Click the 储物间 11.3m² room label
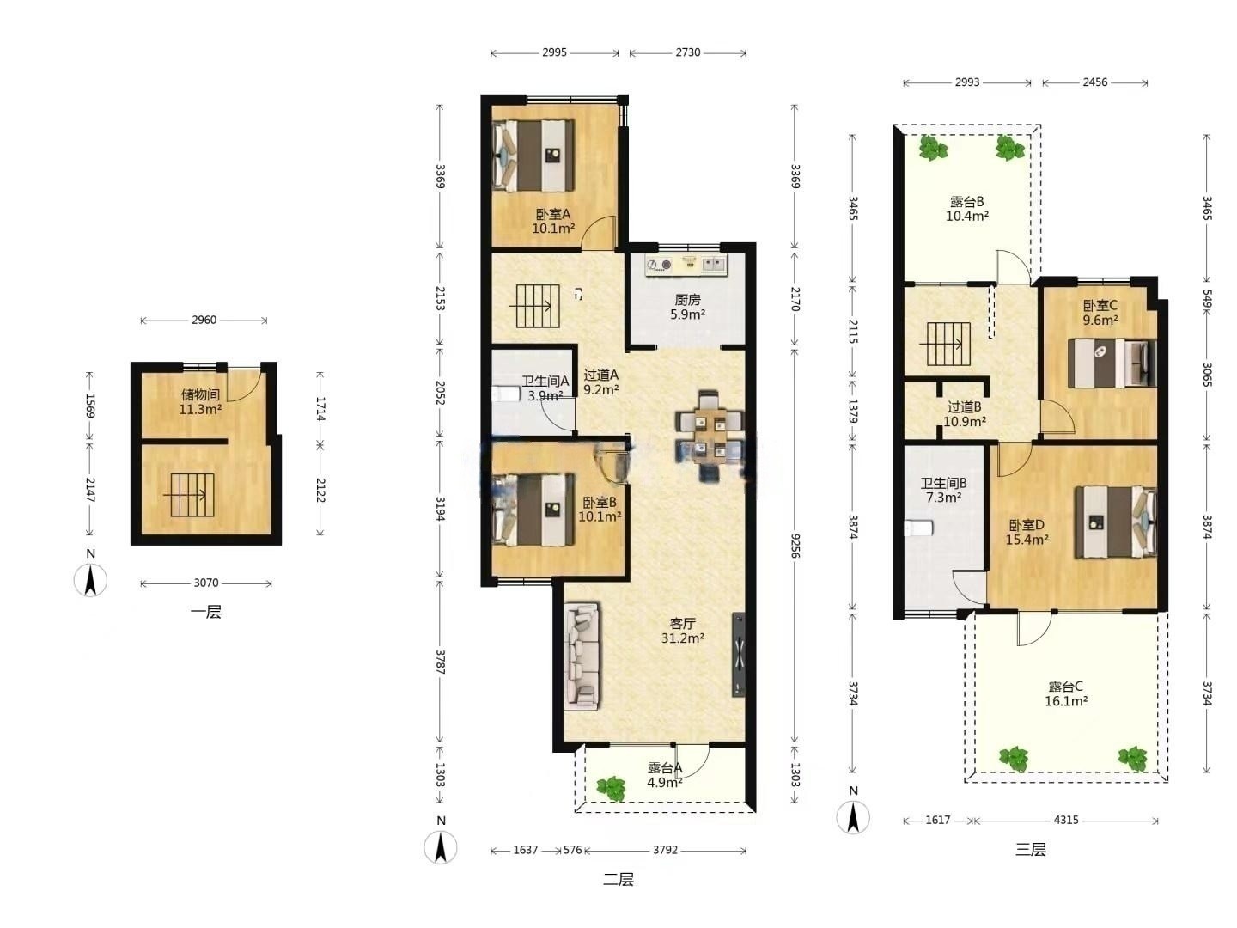[200, 402]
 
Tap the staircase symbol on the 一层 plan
[192, 495]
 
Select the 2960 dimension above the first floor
[204, 320]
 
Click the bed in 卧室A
[533, 156]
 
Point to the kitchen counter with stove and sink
[686, 265]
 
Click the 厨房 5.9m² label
[687, 307]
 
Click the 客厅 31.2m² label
[682, 631]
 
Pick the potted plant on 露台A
[611, 788]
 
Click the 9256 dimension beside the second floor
[795, 546]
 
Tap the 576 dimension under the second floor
[573, 850]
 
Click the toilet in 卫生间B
[918, 528]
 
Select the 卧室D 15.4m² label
[1027, 532]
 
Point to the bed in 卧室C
[1112, 363]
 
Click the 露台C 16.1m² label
[1066, 693]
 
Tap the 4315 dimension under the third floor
[1066, 820]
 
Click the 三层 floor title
[1031, 849]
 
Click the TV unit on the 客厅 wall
[738, 655]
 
